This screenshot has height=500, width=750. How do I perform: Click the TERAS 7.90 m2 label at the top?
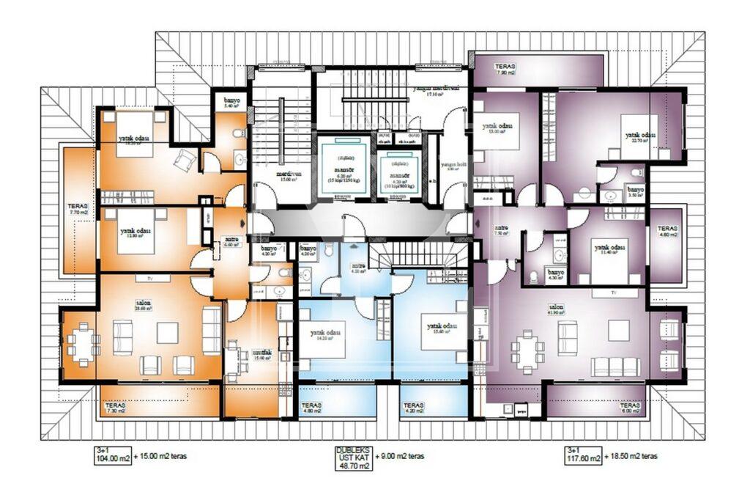pyautogui.click(x=505, y=69)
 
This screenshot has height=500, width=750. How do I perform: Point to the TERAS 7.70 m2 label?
pyautogui.click(x=78, y=210)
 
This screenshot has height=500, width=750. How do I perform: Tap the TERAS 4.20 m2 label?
pyautogui.click(x=413, y=408)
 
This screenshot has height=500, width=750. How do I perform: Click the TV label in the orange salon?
pyautogui.click(x=149, y=279)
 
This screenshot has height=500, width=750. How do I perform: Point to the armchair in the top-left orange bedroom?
pyautogui.click(x=185, y=160)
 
